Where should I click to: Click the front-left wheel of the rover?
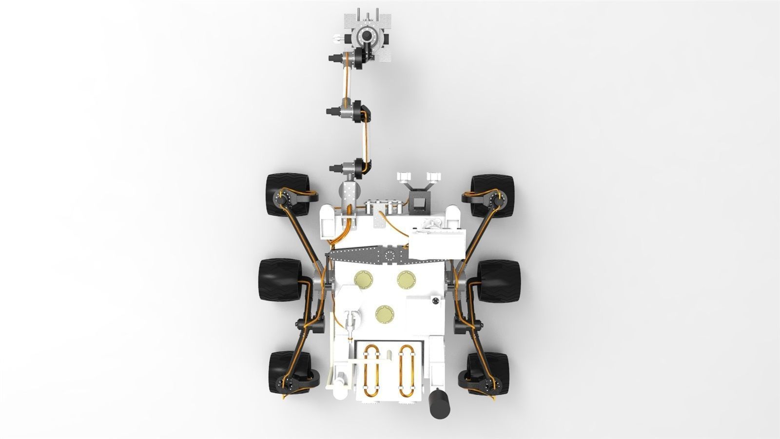pos(285,194)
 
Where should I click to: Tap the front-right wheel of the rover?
pos(493,196)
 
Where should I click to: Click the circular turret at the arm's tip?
pos(365,35)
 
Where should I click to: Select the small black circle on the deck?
pos(434,302)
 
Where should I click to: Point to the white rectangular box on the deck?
pos(437,243)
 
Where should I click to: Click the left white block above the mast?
pos(404,177)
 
